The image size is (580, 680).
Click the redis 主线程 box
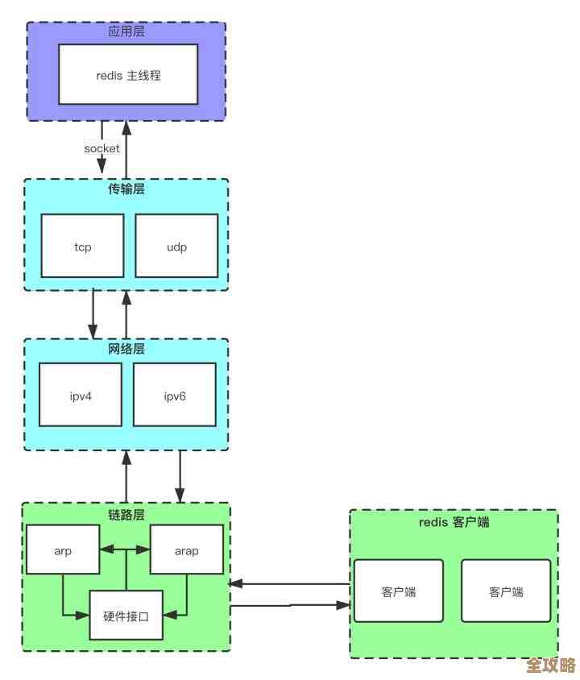click(128, 74)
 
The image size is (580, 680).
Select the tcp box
click(82, 247)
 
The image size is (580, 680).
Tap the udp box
click(176, 247)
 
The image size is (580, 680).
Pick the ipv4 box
click(81, 395)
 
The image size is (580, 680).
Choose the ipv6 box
click(175, 395)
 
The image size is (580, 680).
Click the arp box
click(63, 550)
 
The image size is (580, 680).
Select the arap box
click(186, 550)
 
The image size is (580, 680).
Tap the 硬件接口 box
click(126, 615)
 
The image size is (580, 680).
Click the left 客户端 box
click(399, 591)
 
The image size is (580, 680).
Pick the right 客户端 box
click(506, 591)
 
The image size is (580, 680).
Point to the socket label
click(101, 148)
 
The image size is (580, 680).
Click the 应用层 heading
click(126, 31)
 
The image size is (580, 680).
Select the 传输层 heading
click(126, 189)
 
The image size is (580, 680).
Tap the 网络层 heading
click(126, 349)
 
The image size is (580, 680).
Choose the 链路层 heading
click(126, 513)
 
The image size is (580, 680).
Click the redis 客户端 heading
click(454, 521)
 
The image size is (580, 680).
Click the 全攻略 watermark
click(551, 665)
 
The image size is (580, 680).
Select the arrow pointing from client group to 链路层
click(290, 583)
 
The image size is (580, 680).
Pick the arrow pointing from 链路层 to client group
click(290, 606)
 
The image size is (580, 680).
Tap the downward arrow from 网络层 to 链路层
click(180, 475)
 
